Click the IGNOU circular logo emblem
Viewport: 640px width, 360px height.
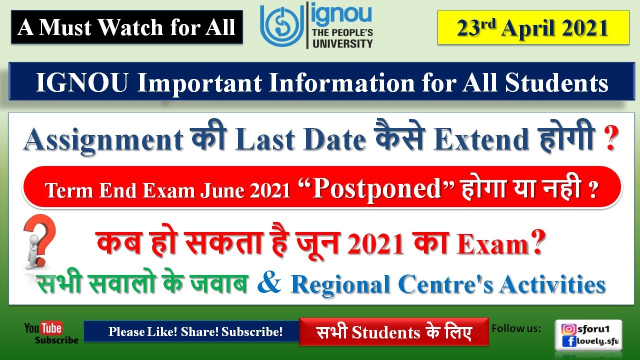tap(280, 25)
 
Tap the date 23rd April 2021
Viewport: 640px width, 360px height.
tap(532, 28)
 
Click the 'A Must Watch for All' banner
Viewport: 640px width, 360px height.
tap(126, 27)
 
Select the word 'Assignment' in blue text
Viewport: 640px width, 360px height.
tap(103, 140)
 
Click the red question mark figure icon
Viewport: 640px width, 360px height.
tap(39, 240)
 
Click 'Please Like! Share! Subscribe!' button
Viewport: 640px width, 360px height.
tap(195, 331)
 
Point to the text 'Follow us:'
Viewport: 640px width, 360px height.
tap(516, 328)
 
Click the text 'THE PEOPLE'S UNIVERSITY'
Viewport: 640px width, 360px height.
tap(342, 38)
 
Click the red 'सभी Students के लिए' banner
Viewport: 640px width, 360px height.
tap(394, 332)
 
